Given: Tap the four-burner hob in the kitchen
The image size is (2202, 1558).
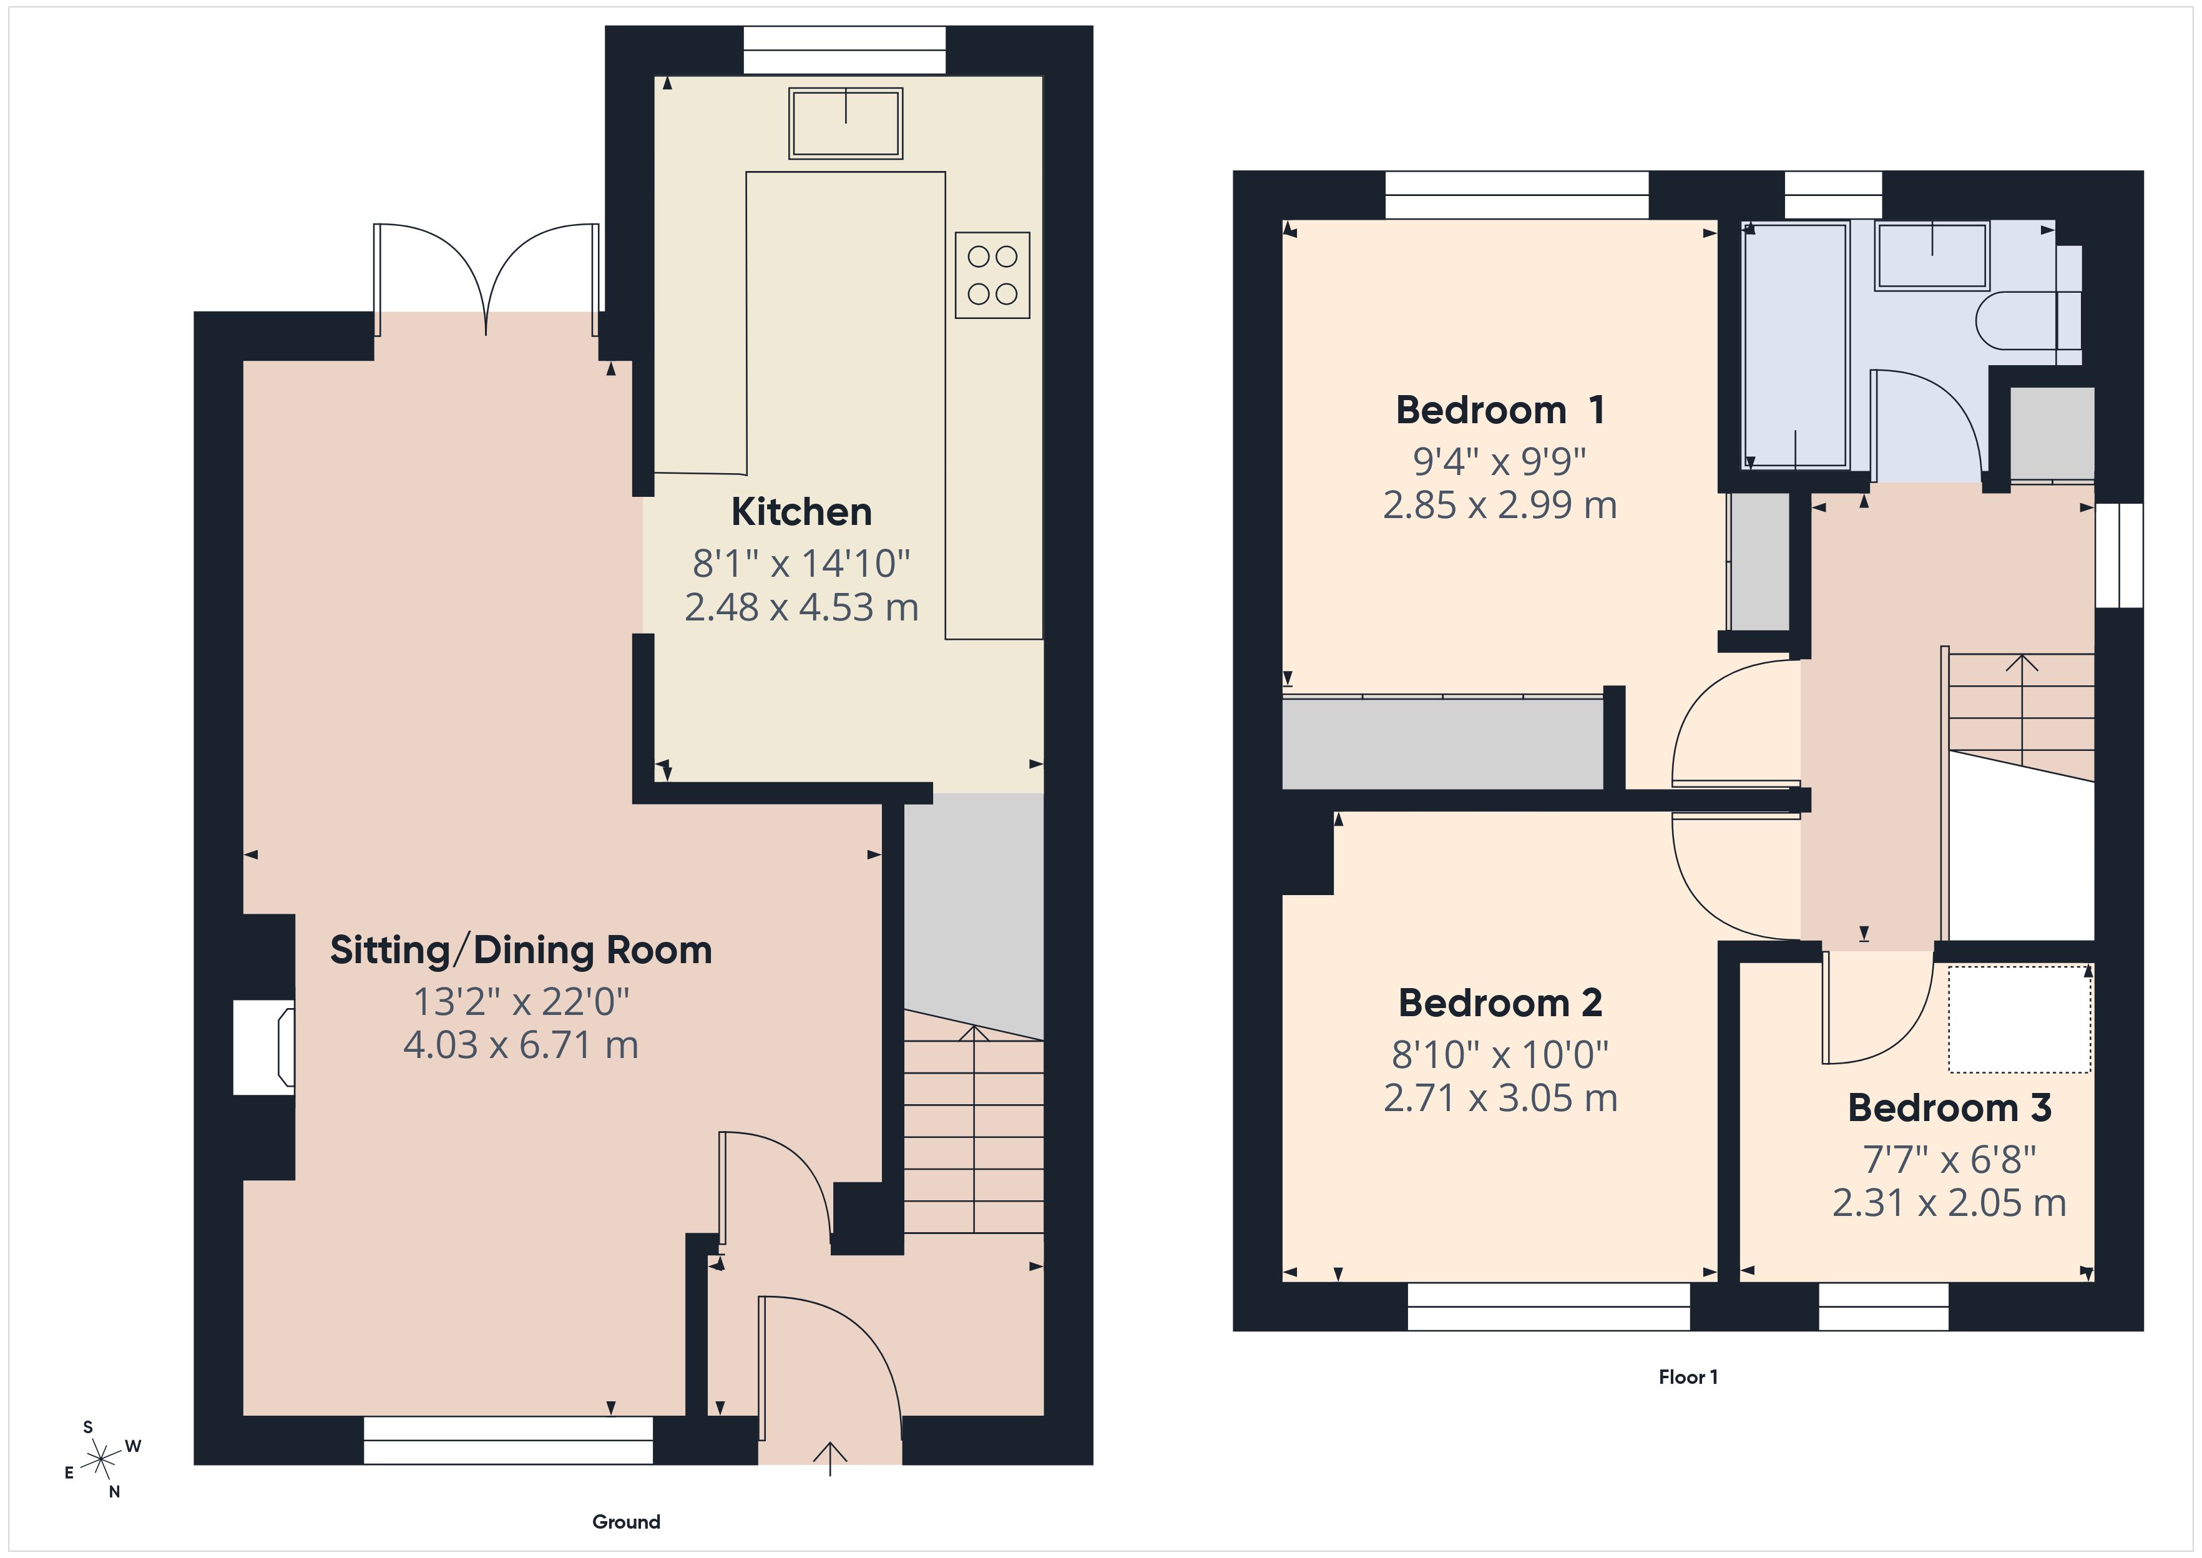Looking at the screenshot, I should (x=992, y=275).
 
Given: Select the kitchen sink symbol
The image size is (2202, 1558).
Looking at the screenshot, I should (x=845, y=124).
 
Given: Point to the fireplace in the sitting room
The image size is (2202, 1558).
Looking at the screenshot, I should (x=265, y=1047).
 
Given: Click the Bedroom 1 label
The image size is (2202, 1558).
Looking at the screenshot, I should (x=1499, y=411).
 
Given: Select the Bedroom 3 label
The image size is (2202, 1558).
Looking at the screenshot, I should (x=1949, y=1108).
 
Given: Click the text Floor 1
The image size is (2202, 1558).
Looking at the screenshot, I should (x=1688, y=1377).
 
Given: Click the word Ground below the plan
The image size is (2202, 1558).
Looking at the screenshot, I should (x=625, y=1522).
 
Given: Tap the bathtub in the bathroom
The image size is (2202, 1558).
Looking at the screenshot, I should (x=1794, y=345).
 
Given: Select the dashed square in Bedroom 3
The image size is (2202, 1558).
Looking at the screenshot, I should (x=2019, y=1019).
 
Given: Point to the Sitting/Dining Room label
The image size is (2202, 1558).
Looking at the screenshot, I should (x=521, y=951).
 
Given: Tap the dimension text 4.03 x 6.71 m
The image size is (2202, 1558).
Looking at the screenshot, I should (x=521, y=1045).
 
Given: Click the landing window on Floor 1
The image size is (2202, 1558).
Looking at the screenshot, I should (x=2118, y=556).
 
